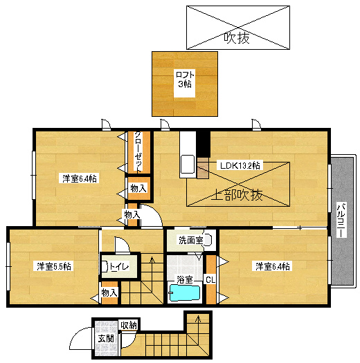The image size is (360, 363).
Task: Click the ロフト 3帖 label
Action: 184,79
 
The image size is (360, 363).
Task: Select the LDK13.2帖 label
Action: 240,165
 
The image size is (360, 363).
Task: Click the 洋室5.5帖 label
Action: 54,266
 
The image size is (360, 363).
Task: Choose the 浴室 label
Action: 185,280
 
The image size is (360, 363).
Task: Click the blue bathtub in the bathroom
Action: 184,294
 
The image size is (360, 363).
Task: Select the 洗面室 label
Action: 190,241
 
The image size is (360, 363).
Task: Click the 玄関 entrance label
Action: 106,338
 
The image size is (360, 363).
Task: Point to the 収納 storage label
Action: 128,325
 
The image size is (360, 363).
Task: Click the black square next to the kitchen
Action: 203,143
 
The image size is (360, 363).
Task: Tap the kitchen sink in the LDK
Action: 187,166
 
